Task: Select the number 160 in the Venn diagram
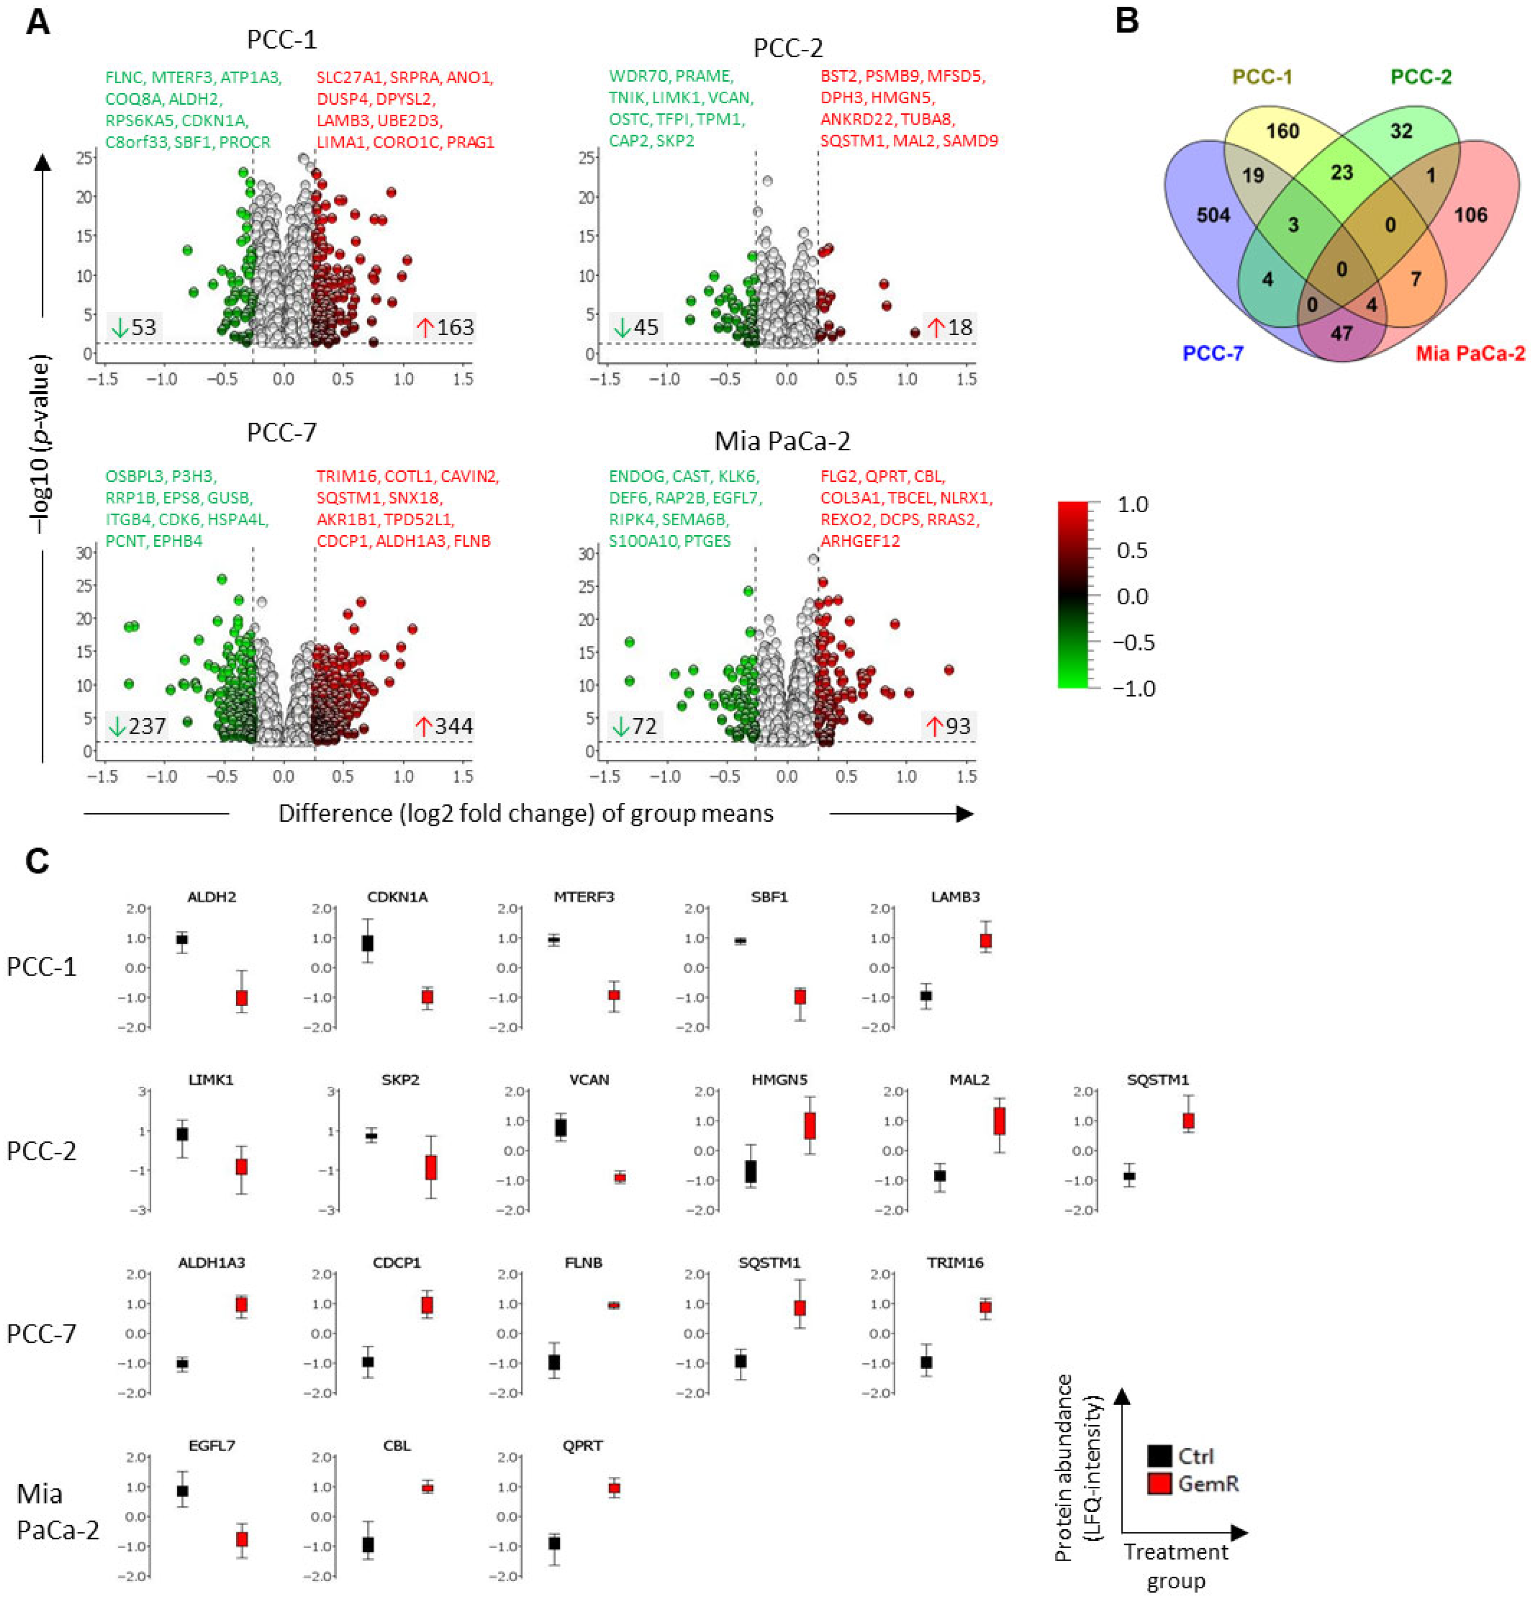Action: click(x=1282, y=130)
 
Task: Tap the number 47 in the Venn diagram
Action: click(x=1341, y=333)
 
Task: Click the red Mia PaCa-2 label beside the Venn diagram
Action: click(x=1469, y=353)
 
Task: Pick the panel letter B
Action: click(x=1126, y=20)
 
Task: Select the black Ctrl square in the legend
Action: click(x=1159, y=1456)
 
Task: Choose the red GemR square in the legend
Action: click(x=1159, y=1483)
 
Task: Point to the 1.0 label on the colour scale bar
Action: click(x=1132, y=504)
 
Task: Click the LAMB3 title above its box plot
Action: click(x=955, y=897)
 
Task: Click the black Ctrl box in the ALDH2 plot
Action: click(x=182, y=940)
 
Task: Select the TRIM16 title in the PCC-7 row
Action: click(x=955, y=1263)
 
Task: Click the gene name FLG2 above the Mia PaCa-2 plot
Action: click(x=839, y=476)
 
